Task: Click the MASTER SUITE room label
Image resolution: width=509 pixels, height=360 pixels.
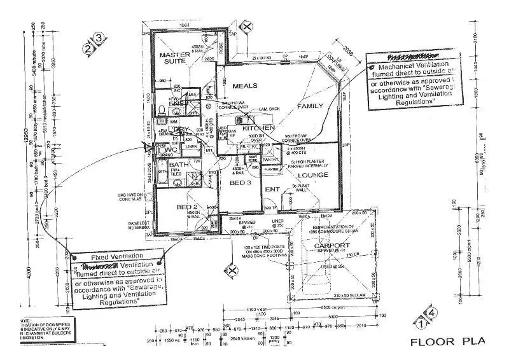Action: [175, 59]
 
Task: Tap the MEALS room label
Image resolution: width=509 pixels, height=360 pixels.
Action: [244, 86]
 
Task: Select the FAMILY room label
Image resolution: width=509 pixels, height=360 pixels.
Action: [310, 106]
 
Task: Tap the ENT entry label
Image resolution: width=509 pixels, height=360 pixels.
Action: [272, 189]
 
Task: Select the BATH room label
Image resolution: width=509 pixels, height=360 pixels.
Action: [163, 165]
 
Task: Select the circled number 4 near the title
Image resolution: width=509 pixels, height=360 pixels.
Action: [432, 313]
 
